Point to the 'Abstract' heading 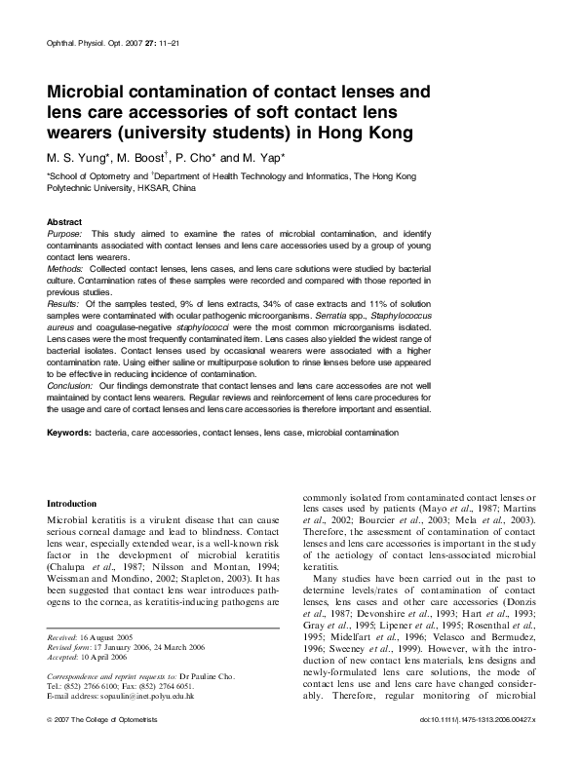64,222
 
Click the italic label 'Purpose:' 65,236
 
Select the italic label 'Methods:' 65,266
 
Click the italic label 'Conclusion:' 70,386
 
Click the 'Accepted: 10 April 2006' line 87,653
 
